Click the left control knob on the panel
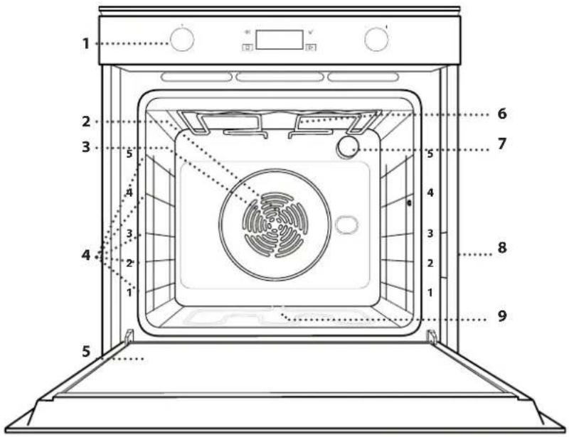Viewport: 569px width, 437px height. [182, 39]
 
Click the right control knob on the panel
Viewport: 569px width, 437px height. [376, 39]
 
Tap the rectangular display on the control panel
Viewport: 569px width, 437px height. [280, 40]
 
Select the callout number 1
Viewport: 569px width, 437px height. [85, 43]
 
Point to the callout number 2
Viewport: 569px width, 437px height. [86, 121]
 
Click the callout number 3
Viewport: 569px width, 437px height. [86, 147]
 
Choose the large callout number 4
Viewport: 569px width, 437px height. [86, 255]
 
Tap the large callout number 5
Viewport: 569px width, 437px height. [86, 351]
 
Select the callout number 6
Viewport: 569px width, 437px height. [502, 114]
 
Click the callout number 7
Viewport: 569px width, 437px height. [502, 144]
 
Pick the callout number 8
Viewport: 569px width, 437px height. [502, 248]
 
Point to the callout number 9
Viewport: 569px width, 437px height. [502, 315]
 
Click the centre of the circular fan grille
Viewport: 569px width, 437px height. [275, 225]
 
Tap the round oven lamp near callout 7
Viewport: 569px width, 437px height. [347, 147]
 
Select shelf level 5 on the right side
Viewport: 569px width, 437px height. [430, 153]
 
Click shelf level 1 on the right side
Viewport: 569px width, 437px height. [430, 292]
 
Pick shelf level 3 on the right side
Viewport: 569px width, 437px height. [430, 233]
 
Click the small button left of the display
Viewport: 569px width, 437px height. [248, 47]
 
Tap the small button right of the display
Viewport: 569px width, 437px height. [311, 47]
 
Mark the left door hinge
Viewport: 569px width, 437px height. [129, 336]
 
